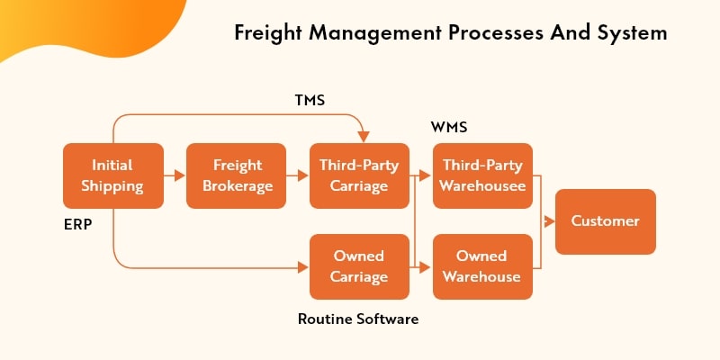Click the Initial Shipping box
(x=113, y=175)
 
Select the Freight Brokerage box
(x=237, y=175)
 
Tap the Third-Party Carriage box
(x=359, y=175)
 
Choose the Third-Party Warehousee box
(x=482, y=175)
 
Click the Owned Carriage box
(x=359, y=266)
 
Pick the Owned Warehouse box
(x=482, y=266)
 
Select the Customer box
(x=605, y=221)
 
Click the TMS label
(x=309, y=101)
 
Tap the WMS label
(x=448, y=129)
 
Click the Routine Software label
(x=357, y=319)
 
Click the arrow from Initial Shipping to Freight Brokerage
(x=175, y=175)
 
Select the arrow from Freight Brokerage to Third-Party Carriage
(x=298, y=175)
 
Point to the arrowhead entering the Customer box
(x=550, y=221)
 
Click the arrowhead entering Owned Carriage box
(x=303, y=266)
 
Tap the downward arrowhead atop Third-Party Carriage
(x=363, y=138)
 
